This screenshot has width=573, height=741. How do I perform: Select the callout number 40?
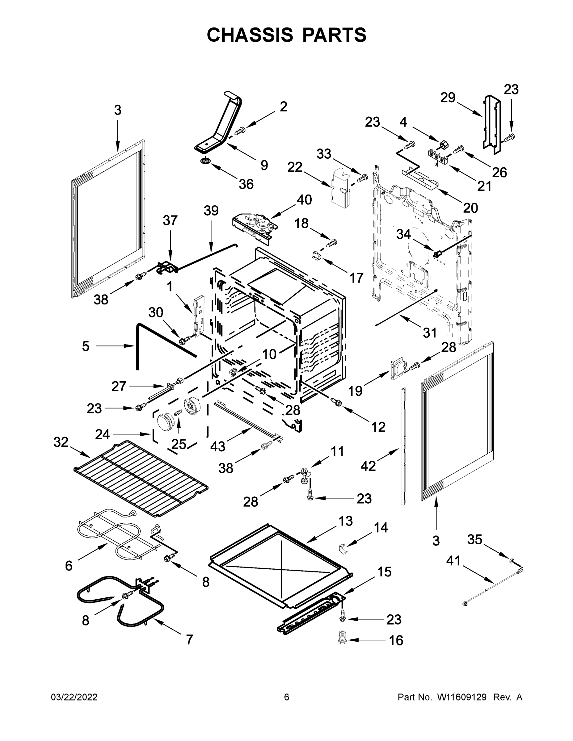pos(304,200)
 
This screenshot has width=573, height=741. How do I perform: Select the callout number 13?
pos(346,521)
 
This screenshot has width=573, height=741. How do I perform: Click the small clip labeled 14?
pos(343,549)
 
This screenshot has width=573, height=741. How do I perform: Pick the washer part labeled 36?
pos(205,161)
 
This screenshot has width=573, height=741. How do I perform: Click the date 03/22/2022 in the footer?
pos(74,697)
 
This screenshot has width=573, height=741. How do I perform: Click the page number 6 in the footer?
pos(287,697)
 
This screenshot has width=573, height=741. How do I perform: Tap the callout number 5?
pos(86,346)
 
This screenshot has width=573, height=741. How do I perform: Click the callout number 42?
pos(368,466)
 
